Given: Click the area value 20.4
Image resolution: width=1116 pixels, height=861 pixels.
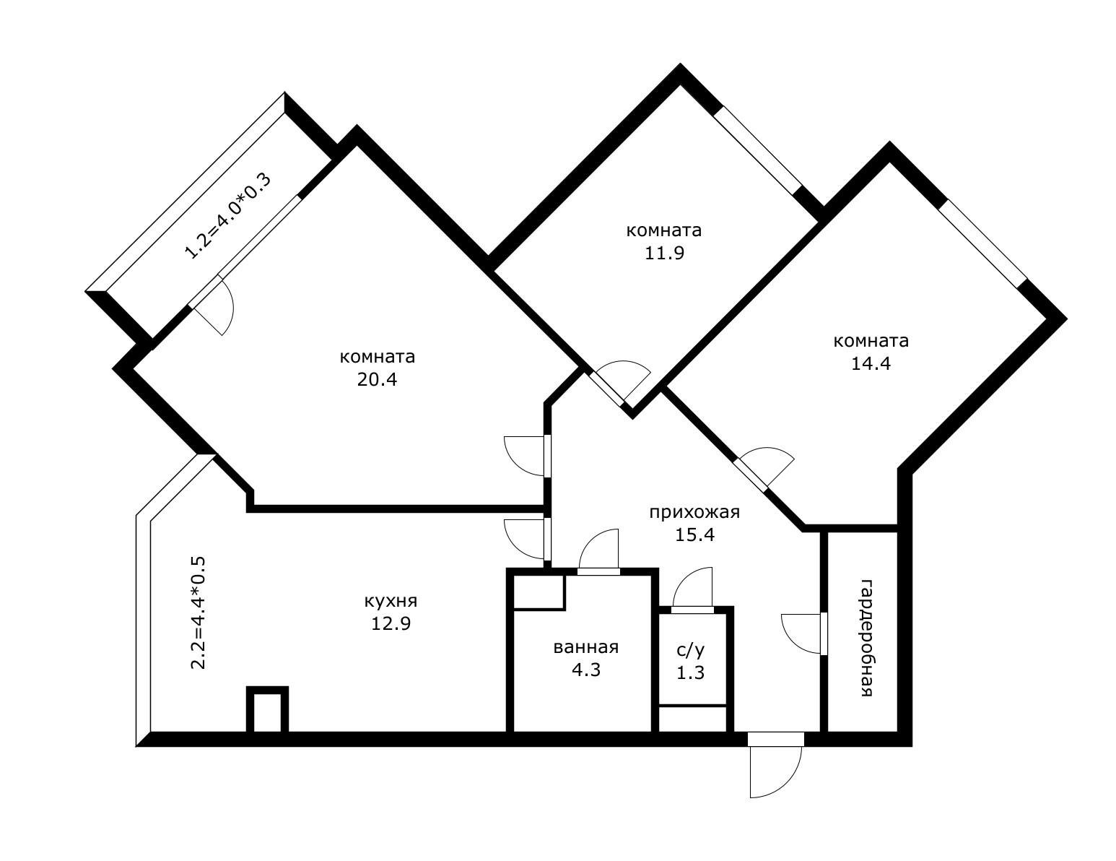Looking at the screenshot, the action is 377,380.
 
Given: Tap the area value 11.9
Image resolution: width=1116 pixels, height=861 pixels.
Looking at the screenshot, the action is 665,254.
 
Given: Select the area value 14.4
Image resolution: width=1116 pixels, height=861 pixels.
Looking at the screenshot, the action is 871,364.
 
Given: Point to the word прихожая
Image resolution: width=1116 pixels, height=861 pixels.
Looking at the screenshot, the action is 694,512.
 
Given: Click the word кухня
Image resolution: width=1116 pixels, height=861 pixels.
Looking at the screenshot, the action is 391,601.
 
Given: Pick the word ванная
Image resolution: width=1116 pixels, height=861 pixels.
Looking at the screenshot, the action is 586,647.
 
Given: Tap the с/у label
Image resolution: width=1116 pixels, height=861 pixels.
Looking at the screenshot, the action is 691,650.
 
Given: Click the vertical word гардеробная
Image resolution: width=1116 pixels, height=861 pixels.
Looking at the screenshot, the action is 867,638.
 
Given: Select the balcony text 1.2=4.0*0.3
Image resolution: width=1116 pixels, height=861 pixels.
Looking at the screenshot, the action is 227,216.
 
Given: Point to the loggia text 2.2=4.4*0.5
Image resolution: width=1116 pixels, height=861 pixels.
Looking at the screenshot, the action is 199,613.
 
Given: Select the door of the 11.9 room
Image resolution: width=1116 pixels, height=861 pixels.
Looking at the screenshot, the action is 623,381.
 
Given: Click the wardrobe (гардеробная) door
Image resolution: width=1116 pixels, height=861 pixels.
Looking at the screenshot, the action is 802,633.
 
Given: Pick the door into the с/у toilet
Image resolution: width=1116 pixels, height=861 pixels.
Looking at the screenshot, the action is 692,587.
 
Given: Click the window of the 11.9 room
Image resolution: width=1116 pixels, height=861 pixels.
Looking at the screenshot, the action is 758,149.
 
